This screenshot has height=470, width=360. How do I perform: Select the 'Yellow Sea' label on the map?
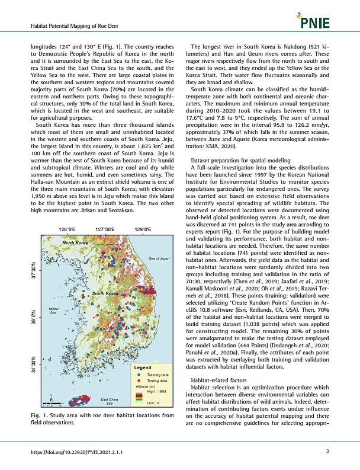pyautogui.click(x=53, y=311)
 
